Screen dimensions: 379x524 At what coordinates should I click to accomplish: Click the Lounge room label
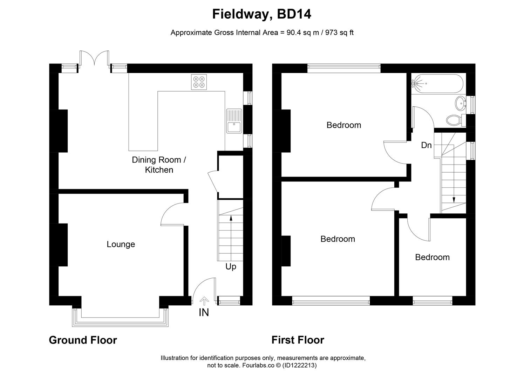[x=121, y=244]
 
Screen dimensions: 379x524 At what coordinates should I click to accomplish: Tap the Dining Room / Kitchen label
[x=159, y=165]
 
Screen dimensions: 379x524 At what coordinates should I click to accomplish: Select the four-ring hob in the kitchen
[x=199, y=82]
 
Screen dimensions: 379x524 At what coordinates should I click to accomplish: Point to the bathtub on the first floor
[x=437, y=84]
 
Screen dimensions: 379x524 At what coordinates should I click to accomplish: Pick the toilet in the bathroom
[x=455, y=120]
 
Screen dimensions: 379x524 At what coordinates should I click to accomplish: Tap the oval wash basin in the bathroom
[x=460, y=103]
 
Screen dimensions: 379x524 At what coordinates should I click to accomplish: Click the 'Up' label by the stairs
[x=231, y=267]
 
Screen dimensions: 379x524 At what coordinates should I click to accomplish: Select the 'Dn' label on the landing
[x=426, y=145]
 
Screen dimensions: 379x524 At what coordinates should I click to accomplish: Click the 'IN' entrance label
[x=204, y=312]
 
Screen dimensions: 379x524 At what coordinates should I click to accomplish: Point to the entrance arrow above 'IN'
[x=204, y=301]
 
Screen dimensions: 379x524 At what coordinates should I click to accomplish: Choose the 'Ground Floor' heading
[x=83, y=340]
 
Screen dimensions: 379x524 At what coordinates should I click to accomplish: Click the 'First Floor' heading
[x=298, y=340]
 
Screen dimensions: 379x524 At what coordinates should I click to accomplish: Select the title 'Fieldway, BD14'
[x=262, y=14]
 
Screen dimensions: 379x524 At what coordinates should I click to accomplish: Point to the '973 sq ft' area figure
[x=339, y=33]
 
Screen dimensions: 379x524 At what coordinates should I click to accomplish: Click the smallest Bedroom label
[x=432, y=257]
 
